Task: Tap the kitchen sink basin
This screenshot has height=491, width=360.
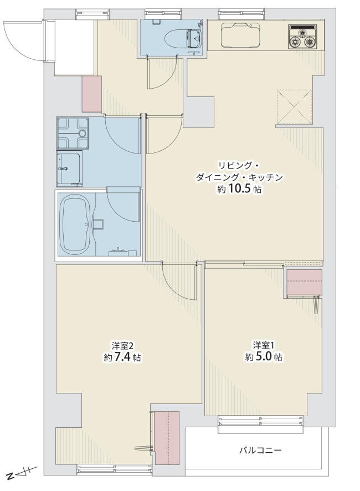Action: [x=241, y=35]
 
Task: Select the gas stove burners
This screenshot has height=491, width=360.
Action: [x=302, y=37]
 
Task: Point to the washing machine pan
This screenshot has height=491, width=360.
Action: [x=73, y=133]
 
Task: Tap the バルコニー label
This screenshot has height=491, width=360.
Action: [x=260, y=451]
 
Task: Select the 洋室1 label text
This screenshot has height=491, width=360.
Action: [x=264, y=345]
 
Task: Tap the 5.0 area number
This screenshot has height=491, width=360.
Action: [x=263, y=357]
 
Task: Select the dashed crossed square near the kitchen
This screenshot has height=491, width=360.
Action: [x=294, y=107]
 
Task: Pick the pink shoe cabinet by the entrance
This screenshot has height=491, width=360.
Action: [x=92, y=94]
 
